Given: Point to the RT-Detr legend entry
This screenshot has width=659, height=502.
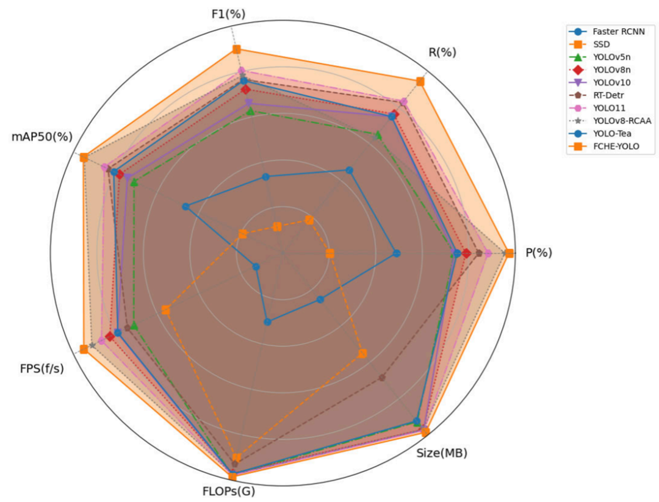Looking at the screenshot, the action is (597, 95).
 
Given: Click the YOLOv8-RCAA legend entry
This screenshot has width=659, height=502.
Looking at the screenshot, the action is (610, 121).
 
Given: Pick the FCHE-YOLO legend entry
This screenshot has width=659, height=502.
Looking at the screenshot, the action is (604, 146).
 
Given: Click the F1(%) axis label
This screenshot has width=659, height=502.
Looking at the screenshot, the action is (229, 14).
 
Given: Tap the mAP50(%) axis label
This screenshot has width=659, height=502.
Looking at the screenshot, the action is (42, 137).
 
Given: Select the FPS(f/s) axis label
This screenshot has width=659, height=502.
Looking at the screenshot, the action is (42, 368).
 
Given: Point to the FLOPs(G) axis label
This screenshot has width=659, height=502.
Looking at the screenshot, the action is (229, 491).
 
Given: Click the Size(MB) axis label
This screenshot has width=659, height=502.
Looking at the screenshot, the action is (442, 453).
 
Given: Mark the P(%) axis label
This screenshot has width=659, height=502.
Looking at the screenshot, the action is (539, 253).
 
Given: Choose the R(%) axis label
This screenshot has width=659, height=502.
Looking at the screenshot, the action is (442, 52).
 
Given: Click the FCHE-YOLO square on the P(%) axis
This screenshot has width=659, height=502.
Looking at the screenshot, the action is (510, 253).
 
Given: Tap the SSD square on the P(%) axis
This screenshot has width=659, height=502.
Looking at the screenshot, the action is (330, 253).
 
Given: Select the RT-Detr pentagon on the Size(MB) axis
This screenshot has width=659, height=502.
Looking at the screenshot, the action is (382, 378).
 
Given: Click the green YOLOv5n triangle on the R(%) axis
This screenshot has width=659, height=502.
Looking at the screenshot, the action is (378, 135).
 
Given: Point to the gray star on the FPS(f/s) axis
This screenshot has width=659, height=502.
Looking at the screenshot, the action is (93, 345).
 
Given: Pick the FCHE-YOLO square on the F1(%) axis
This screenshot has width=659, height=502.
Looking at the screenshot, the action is (237, 49).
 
